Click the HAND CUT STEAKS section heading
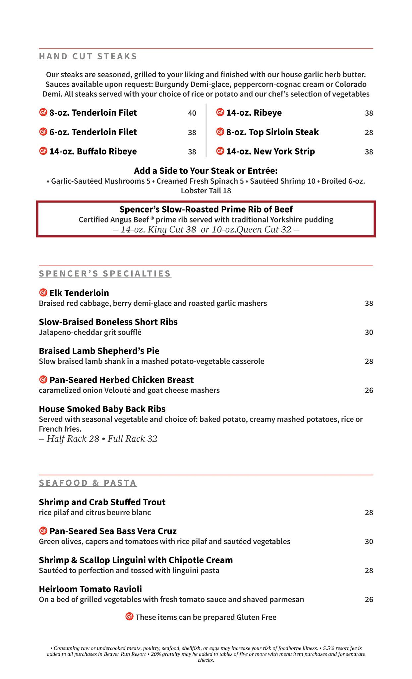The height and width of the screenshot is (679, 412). pos(88,56)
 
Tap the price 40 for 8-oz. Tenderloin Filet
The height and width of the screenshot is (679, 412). pos(192,113)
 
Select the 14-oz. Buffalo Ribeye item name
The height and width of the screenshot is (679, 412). pos(93,152)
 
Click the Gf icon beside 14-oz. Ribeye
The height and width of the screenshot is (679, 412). pos(220,113)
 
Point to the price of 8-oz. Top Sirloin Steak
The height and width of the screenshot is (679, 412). pos(369,133)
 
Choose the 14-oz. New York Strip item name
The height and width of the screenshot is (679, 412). pos(270,152)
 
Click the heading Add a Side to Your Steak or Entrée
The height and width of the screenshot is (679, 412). pos(206,171)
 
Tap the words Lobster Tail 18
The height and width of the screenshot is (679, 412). pos(206,191)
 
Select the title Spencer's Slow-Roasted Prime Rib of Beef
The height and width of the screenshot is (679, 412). pos(206,210)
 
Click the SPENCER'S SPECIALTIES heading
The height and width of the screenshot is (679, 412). pos(105,274)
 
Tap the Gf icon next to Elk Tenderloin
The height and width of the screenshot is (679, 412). pos(43,293)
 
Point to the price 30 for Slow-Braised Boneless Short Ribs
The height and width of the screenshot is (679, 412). pos(369,333)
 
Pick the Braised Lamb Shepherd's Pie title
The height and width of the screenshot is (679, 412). pos(99,351)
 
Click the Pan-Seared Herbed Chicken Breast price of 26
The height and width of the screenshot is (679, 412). pos(369,391)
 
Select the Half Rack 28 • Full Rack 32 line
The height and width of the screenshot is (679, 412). pos(98,439)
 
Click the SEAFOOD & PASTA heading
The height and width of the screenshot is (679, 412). pos(88,483)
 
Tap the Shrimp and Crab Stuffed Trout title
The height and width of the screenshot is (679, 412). pos(102,502)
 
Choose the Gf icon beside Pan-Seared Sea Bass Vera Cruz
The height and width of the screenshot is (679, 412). pos(43,531)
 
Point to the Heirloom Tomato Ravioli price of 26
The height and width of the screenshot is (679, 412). pos(369,600)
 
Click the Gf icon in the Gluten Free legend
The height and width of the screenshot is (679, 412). pos(129,617)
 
